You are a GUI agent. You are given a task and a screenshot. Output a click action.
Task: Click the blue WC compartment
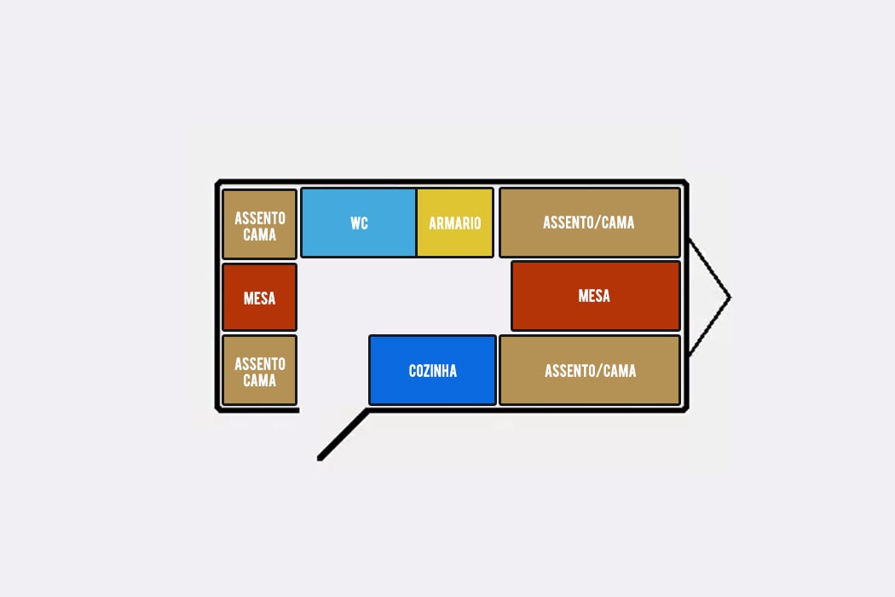(x=358, y=223)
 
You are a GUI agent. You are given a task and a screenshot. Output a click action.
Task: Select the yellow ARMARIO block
(x=455, y=223)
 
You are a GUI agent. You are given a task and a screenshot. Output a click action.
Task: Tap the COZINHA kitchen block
(x=433, y=370)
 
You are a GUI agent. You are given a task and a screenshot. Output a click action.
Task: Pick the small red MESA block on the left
(x=260, y=297)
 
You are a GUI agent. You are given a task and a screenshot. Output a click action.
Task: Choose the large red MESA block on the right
(x=595, y=296)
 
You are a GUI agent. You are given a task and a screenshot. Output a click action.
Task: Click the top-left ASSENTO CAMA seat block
(x=260, y=224)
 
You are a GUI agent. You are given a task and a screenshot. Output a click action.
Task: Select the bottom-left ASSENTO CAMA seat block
(x=260, y=371)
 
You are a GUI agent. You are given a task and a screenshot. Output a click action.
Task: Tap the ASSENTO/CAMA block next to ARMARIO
(x=590, y=223)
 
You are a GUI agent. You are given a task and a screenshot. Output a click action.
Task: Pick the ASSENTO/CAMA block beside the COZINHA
(x=590, y=371)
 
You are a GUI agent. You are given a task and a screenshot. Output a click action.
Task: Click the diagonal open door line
(x=344, y=434)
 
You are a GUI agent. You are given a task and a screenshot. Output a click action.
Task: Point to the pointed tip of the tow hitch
(x=730, y=297)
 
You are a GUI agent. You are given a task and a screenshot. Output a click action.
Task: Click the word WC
(x=359, y=223)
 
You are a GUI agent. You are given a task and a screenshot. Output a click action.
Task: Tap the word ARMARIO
(x=455, y=223)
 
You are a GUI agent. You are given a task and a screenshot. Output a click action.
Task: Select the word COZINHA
(x=433, y=371)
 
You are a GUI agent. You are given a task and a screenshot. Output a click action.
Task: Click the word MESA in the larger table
(x=594, y=296)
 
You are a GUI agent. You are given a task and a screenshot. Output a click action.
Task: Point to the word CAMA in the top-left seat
(x=260, y=235)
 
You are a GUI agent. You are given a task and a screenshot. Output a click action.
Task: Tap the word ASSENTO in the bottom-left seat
(x=260, y=364)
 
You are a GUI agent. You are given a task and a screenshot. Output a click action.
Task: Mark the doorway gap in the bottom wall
(x=334, y=409)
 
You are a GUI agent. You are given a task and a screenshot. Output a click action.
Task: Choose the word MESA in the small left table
(x=260, y=298)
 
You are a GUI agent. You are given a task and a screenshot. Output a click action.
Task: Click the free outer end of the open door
(x=320, y=458)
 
